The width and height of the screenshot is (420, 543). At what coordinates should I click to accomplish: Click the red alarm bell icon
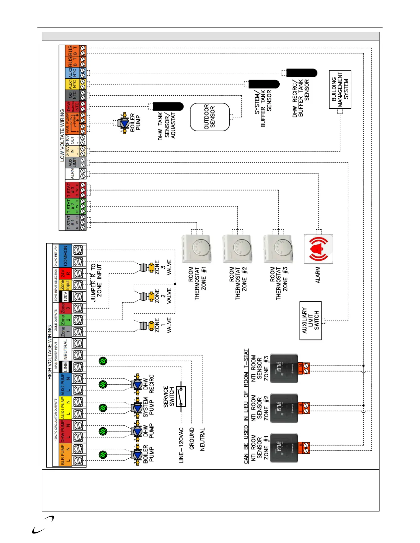tap(318, 249)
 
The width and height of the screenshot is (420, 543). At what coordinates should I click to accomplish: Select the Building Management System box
tap(340, 89)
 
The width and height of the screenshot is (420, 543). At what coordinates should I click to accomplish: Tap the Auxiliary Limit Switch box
tap(311, 321)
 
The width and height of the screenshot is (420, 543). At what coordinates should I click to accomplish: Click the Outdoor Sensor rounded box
tap(210, 117)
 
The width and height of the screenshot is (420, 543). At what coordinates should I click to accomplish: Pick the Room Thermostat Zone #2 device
tap(237, 249)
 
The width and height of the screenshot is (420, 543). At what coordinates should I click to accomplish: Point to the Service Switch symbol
tap(181, 397)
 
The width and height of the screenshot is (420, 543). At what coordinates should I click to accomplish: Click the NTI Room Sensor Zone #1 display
tap(284, 448)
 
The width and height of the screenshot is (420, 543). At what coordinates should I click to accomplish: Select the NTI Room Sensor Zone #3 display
tap(284, 369)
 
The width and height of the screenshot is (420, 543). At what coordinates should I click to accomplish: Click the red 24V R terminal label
tap(66, 274)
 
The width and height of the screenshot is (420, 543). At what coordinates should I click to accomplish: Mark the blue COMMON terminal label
tap(66, 256)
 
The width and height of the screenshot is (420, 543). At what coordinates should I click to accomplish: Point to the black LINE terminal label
tap(66, 367)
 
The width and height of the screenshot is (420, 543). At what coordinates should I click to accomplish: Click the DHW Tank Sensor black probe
tap(168, 106)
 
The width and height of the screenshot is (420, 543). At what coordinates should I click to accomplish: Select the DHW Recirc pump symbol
tap(137, 384)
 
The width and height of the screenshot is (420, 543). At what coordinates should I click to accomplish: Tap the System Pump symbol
tap(137, 408)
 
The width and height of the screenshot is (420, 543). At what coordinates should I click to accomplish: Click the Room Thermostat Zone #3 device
tap(278, 249)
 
